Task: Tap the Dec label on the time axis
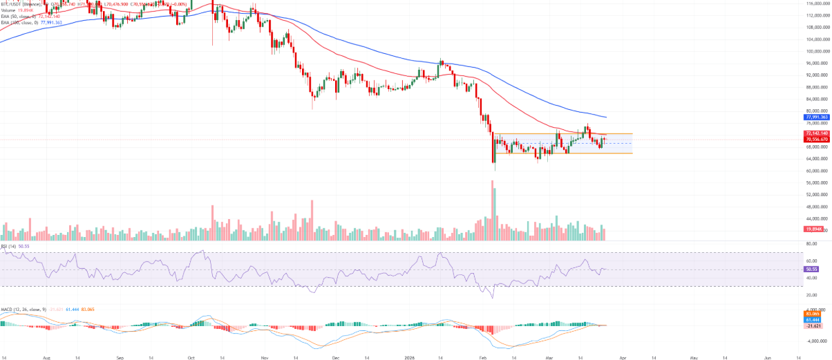click(335, 357)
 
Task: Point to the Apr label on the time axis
click(623, 357)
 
